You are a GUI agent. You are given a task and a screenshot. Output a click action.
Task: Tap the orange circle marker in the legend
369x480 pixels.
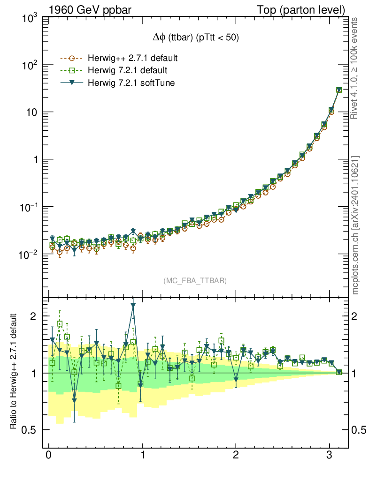coord(72,59)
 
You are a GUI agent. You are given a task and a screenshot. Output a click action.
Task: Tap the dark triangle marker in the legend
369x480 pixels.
coord(72,83)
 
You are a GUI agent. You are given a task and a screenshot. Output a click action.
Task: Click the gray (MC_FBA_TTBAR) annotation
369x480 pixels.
coord(195,281)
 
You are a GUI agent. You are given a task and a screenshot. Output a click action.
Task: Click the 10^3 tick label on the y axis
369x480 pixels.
coord(29,18)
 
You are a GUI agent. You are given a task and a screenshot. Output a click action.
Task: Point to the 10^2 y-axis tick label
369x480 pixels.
coord(29,66)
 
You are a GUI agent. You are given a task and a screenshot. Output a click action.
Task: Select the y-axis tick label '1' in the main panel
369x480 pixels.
coord(35,160)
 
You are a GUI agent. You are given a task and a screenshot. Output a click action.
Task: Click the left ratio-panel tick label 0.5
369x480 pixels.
coord(30,430)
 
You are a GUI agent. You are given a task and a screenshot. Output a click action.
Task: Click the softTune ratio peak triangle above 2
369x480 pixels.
coord(133,305)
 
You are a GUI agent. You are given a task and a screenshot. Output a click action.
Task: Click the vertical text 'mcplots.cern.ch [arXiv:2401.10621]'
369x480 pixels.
coord(355,225)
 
